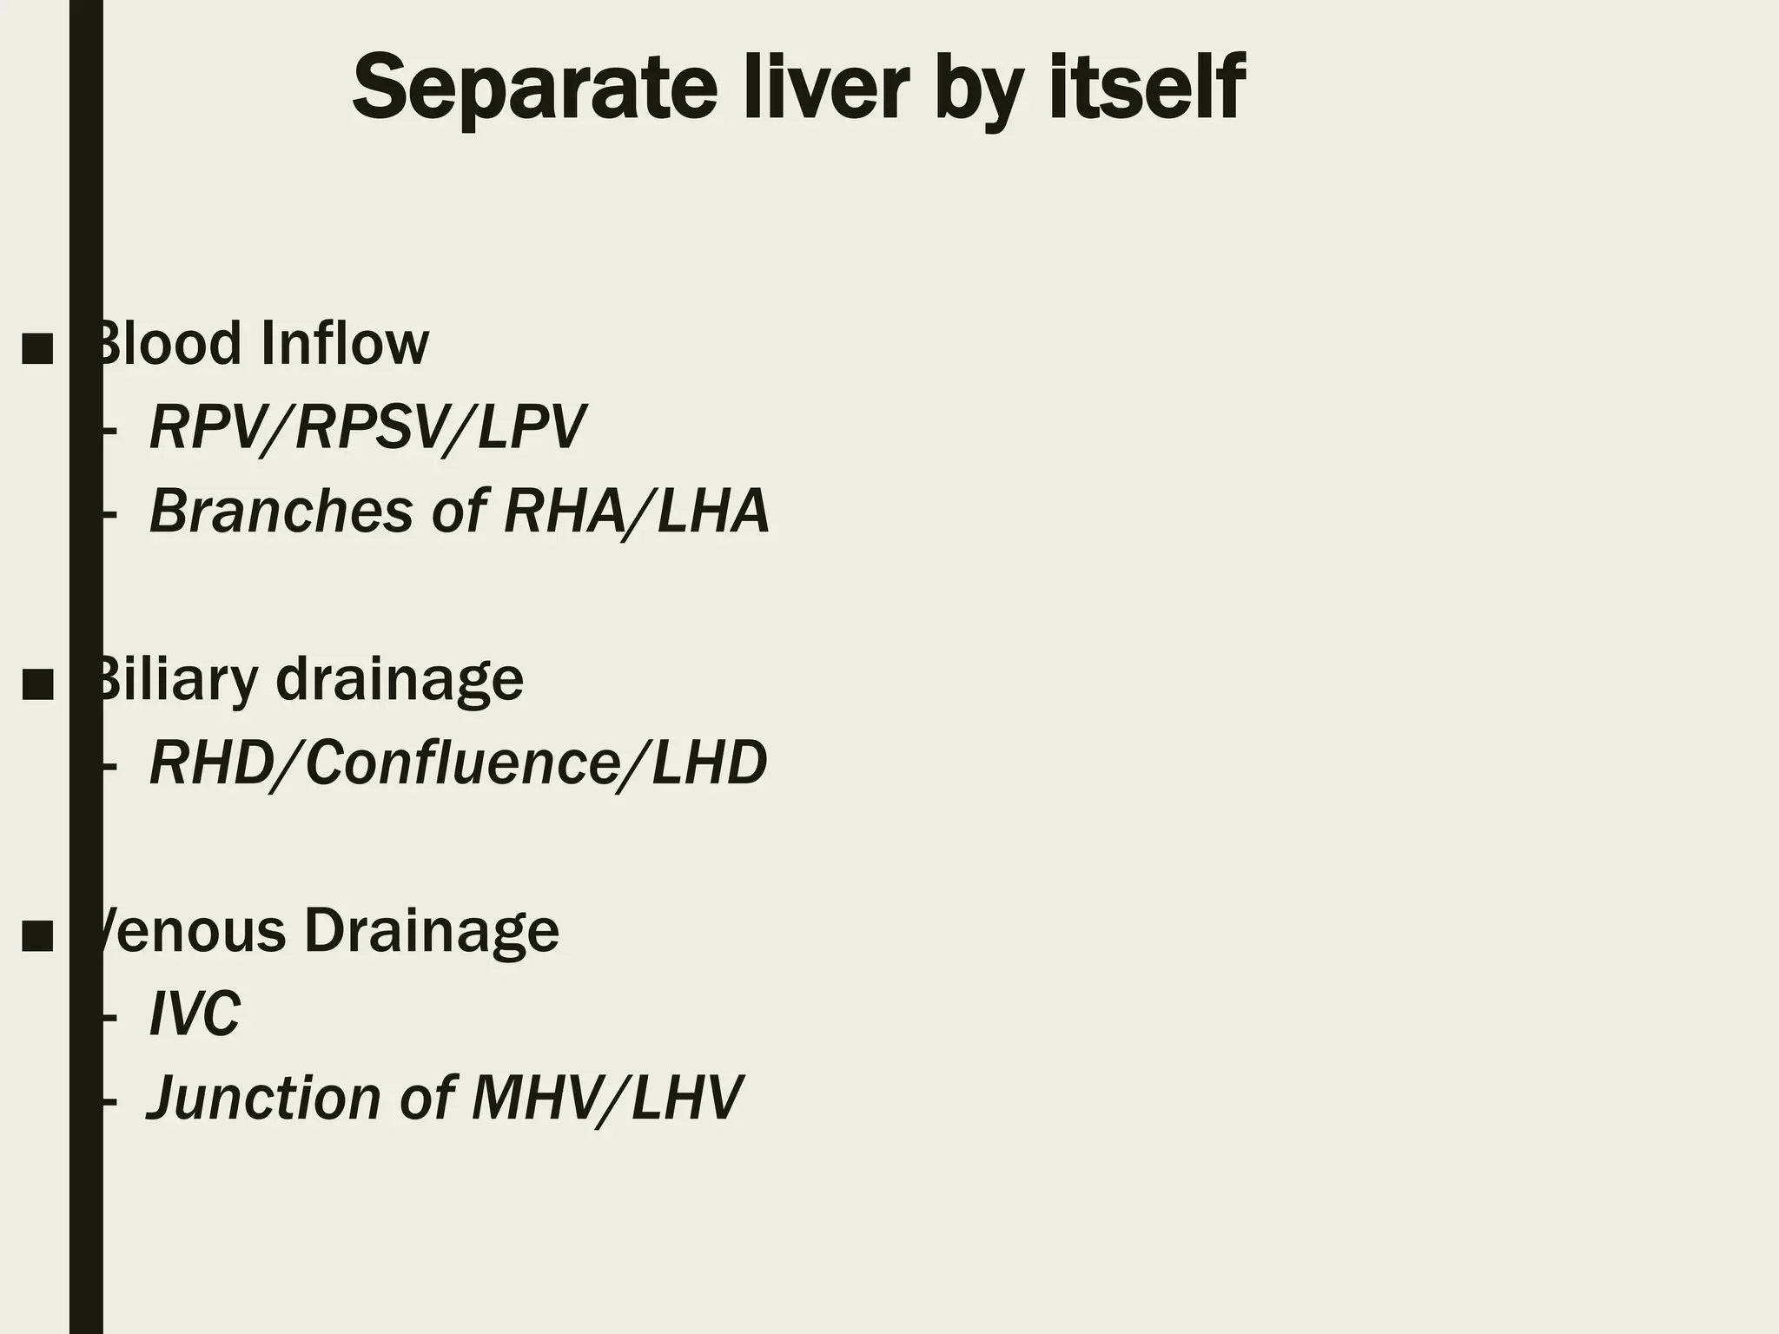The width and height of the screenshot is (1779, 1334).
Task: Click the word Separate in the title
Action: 534,88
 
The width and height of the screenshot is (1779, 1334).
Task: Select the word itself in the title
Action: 1146,88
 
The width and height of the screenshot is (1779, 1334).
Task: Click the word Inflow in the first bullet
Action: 344,344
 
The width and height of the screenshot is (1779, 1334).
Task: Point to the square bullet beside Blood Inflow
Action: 37,348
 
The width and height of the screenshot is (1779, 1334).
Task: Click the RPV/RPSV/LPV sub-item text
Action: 367,427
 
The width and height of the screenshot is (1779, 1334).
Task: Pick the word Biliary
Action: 174,679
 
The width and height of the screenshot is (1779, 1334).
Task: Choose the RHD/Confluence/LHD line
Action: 459,763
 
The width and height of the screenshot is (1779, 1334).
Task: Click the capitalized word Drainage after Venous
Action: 431,931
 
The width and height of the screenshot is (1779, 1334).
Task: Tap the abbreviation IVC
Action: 195,1014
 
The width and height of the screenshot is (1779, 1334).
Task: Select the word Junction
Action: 264,1098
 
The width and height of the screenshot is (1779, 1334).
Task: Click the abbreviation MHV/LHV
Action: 606,1098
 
